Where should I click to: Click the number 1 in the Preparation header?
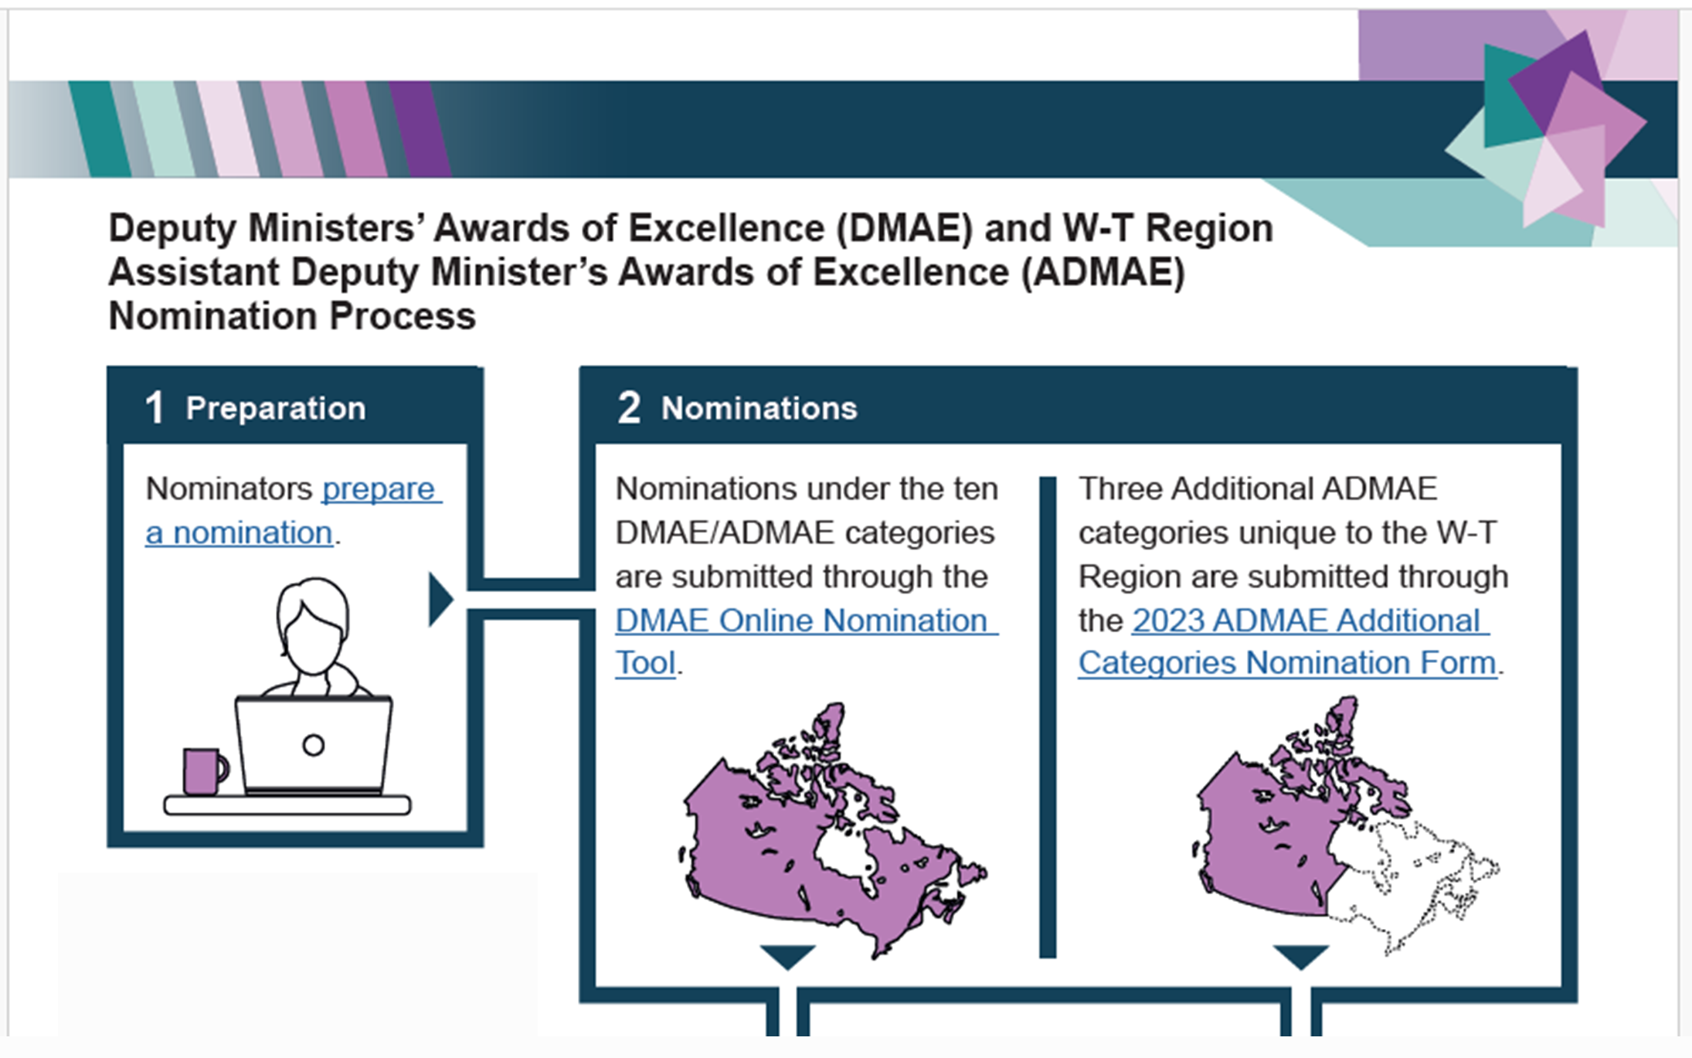coord(155,407)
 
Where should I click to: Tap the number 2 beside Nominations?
coord(629,407)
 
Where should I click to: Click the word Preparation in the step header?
coord(276,408)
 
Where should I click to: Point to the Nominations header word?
coord(759,408)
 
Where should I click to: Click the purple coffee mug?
coord(202,771)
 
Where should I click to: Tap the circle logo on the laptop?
coord(313,745)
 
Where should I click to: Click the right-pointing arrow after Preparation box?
coord(440,599)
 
